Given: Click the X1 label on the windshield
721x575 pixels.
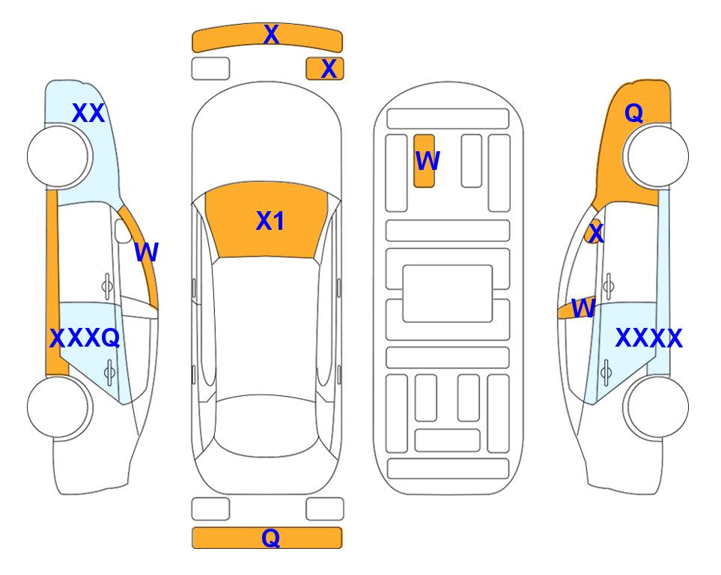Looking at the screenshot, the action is (x=270, y=221).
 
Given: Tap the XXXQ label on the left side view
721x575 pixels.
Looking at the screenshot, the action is (x=85, y=338).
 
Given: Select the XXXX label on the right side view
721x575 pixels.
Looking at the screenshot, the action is (x=648, y=338).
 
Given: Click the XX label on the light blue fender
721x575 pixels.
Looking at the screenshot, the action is (x=88, y=113).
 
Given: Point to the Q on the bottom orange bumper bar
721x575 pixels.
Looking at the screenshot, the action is (x=270, y=538).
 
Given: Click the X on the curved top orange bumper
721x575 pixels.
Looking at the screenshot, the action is (x=271, y=34).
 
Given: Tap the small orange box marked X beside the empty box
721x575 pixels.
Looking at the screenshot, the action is (x=325, y=69).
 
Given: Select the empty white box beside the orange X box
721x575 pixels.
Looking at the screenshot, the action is (x=210, y=69).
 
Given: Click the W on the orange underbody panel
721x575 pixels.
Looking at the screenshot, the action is (x=428, y=160).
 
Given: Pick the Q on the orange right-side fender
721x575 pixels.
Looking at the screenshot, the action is (x=633, y=113).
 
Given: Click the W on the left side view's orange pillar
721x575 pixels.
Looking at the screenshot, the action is (x=146, y=252).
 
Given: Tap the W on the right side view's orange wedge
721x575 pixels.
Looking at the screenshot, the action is (x=583, y=308).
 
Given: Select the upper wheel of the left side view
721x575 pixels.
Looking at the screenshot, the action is (x=60, y=156).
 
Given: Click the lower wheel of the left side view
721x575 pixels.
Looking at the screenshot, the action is (x=60, y=407).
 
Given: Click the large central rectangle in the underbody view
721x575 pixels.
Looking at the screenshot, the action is (x=448, y=293).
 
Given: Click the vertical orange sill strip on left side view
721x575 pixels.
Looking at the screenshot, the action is (x=52, y=282).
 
